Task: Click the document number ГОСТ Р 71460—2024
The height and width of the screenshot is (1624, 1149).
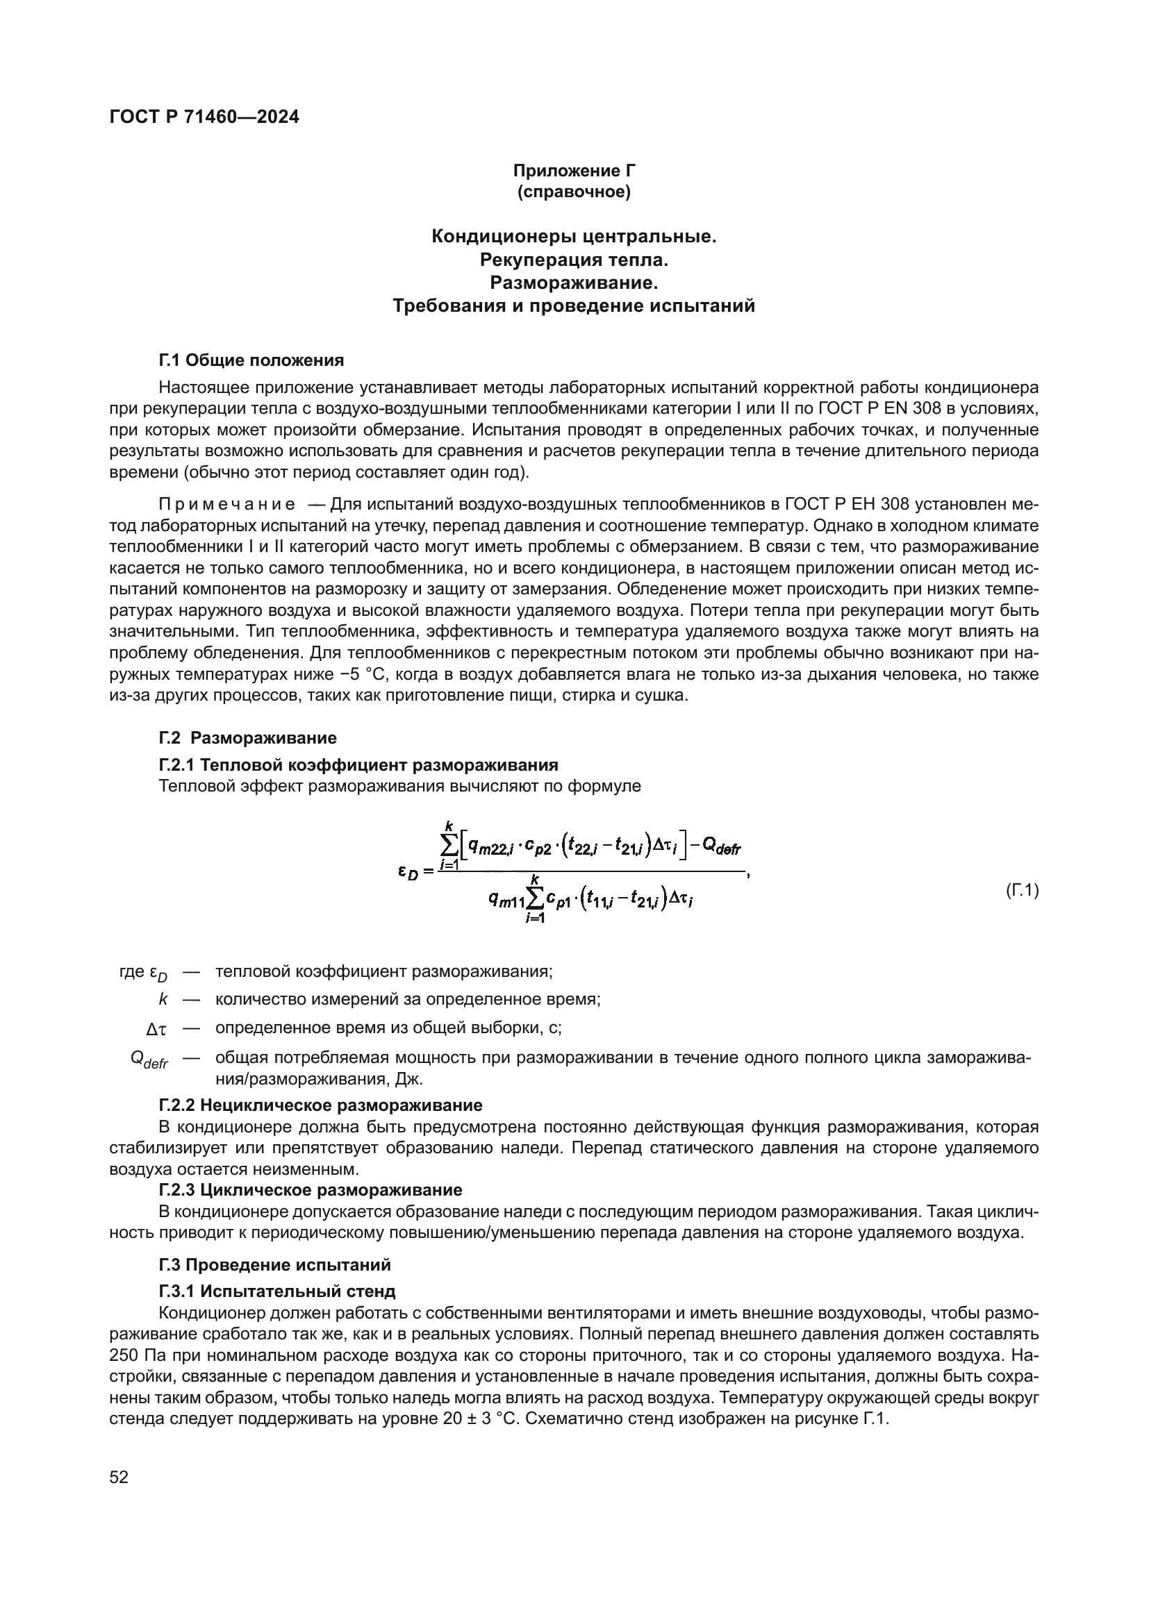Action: [204, 117]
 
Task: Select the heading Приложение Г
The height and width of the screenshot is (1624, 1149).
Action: [574, 171]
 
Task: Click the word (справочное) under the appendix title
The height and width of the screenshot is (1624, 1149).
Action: [574, 192]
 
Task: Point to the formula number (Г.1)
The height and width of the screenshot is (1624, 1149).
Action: [1022, 891]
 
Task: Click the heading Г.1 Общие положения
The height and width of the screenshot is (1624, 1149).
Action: [251, 361]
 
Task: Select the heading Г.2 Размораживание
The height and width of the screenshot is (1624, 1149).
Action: [247, 739]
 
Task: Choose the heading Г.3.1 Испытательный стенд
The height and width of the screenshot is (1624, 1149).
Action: [276, 1291]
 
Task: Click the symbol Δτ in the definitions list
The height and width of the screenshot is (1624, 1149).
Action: [156, 1028]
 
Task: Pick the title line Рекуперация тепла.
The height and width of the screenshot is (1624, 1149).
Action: [574, 260]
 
